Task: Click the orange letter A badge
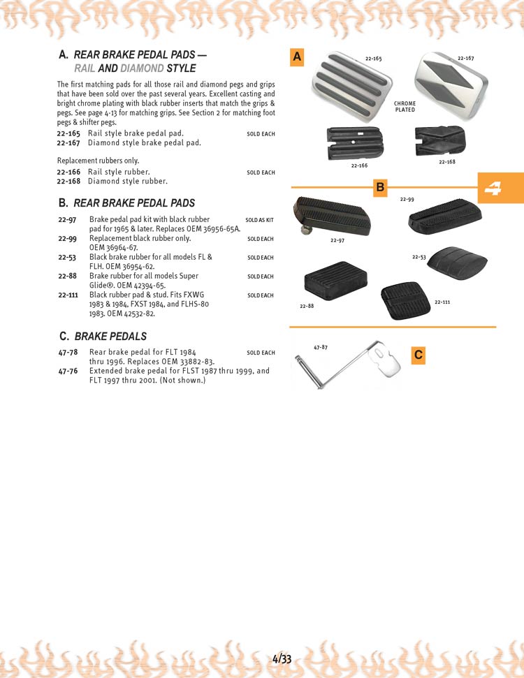tap(298, 58)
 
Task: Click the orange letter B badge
tap(380, 187)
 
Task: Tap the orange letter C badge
tap(418, 355)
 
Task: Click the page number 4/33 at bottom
tap(282, 658)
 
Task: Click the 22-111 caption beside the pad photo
tap(442, 302)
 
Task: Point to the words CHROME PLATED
tap(405, 107)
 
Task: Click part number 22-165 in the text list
tap(68, 133)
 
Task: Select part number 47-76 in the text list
tap(68, 371)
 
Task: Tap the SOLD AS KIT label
tap(260, 220)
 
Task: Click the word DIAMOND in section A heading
tap(142, 68)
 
